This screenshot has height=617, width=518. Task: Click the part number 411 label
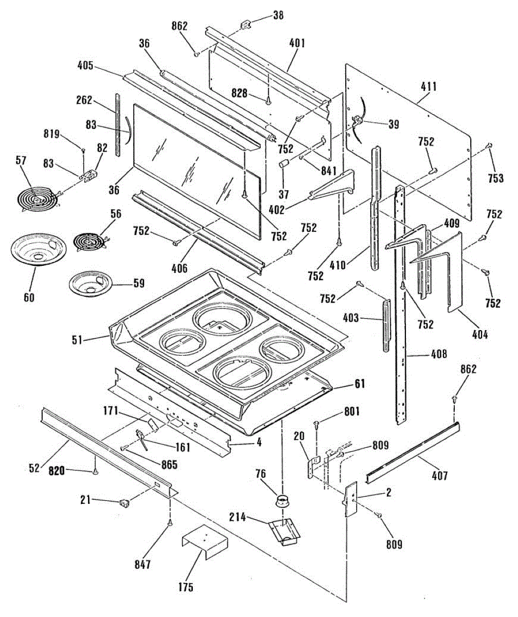(x=428, y=87)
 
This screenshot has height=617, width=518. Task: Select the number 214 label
(x=238, y=517)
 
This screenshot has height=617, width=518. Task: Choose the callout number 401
(x=297, y=43)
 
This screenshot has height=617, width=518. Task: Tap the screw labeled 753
(x=490, y=146)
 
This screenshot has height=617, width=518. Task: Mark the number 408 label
(x=439, y=354)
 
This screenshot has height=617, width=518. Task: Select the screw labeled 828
(x=268, y=101)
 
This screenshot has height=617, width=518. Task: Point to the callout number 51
(x=77, y=340)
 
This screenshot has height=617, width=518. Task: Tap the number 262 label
(x=84, y=100)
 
